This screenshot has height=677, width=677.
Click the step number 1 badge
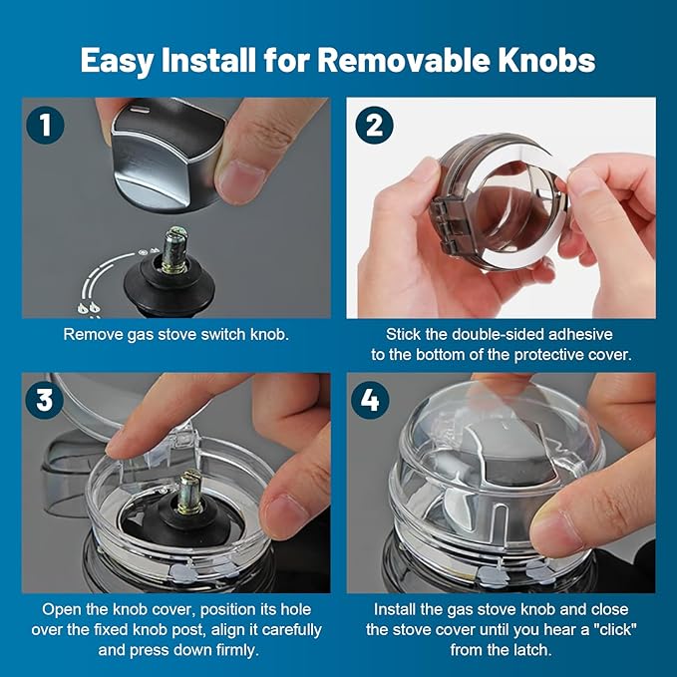(x=45, y=125)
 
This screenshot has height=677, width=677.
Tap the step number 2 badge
(x=372, y=125)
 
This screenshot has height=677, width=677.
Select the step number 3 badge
(x=45, y=400)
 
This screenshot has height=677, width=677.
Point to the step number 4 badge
(x=372, y=400)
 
